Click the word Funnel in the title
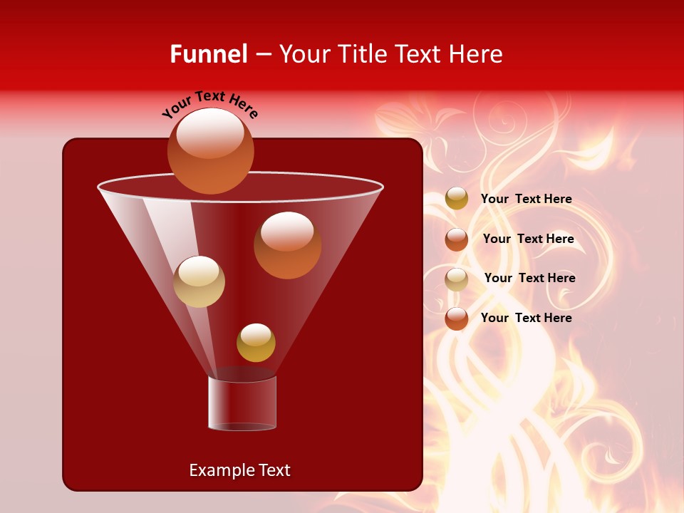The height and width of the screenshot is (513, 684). click(208, 54)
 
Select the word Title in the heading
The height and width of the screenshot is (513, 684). click(362, 54)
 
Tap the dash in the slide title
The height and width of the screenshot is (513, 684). click(263, 55)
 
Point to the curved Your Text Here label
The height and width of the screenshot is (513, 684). click(209, 104)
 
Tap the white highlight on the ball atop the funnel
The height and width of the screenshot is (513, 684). click(210, 133)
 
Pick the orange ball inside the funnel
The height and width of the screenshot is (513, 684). click(287, 246)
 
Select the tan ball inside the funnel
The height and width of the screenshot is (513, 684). click(199, 281)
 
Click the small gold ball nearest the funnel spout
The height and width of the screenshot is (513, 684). click(256, 343)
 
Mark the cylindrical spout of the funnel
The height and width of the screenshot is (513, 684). click(242, 403)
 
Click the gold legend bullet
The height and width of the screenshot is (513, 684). click(457, 199)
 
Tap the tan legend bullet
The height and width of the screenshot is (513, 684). click(457, 279)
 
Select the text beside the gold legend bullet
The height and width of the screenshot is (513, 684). click(526, 199)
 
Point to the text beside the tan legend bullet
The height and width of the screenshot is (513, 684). click(529, 278)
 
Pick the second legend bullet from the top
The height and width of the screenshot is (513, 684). click(457, 239)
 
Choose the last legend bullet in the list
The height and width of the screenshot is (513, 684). click(457, 318)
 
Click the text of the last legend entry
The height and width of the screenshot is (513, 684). click(526, 318)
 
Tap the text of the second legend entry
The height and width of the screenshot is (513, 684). click(528, 239)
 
